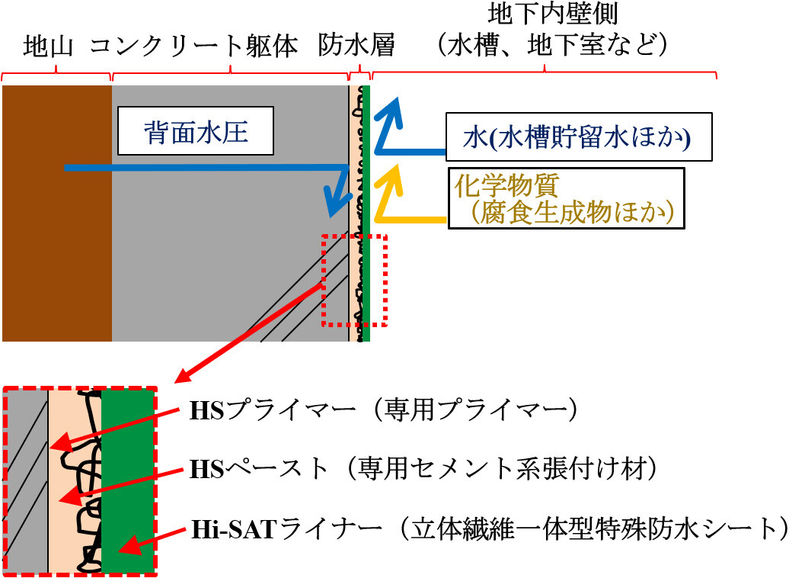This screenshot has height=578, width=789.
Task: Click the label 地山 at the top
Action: (x=48, y=47)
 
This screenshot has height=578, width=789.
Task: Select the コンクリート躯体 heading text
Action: (x=194, y=47)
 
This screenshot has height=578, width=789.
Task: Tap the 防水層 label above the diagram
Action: (x=356, y=46)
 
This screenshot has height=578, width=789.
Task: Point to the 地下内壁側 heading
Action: (x=552, y=14)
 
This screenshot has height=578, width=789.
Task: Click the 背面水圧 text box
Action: (x=196, y=130)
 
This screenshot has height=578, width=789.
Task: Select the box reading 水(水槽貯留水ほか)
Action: (x=579, y=137)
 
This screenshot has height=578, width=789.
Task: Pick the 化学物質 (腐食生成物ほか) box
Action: (x=566, y=198)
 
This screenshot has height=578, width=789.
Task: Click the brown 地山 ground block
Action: (x=57, y=214)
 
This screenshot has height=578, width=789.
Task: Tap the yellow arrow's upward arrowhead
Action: (x=393, y=179)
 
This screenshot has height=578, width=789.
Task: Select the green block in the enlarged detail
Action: (x=127, y=480)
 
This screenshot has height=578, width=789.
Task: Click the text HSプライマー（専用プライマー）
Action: (x=383, y=411)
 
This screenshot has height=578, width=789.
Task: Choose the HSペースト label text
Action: (x=423, y=469)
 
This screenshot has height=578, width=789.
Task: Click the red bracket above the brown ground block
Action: (x=56, y=75)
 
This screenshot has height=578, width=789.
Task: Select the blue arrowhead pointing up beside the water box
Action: (x=392, y=114)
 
